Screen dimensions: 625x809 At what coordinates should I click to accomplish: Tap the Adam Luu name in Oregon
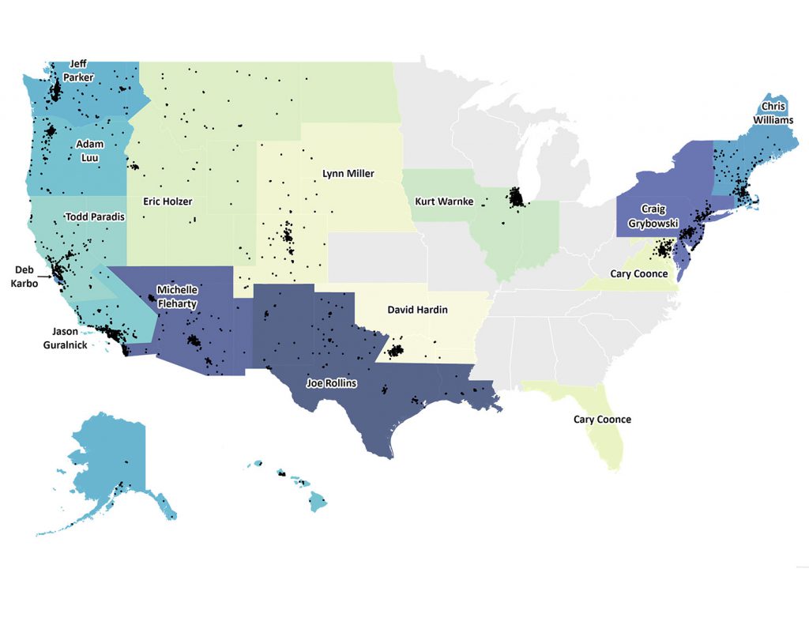(88, 149)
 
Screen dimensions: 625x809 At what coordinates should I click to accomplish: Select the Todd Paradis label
(95, 217)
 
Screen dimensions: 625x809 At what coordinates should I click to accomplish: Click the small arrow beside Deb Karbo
(47, 277)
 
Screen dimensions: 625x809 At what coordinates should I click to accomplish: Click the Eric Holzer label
(167, 201)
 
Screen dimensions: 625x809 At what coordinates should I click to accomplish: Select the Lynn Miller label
(348, 173)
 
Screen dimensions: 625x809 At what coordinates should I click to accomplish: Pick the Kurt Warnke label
(444, 201)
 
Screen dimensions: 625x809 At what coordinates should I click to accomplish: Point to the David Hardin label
(417, 310)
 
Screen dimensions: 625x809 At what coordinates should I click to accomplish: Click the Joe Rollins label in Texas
(331, 384)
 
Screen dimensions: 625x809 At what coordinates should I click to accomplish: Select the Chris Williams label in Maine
(777, 114)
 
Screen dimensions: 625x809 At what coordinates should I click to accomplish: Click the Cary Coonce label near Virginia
(640, 274)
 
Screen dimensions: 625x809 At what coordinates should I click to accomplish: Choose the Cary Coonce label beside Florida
(602, 420)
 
